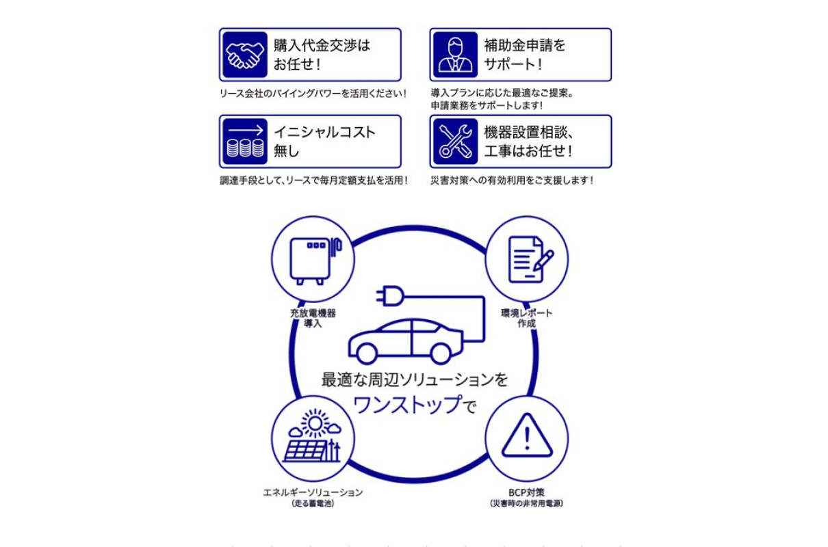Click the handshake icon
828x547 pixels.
pos(245,55)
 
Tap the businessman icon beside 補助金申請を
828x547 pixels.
pos(455,55)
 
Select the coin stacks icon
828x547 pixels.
pos(245,142)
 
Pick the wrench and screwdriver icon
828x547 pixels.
pos(455,142)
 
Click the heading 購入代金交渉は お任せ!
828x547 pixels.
pos(322,55)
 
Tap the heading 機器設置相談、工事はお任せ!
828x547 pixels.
pos(528,142)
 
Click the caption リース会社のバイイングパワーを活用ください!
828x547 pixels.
pos(313,93)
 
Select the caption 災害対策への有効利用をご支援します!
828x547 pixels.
pos(512,181)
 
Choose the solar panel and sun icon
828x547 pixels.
pos(313,438)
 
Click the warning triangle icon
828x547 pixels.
pos(527,436)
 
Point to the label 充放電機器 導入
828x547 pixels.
pos(313,318)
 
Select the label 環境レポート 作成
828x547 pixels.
pos(527,318)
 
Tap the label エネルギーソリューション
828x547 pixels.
pos(313,492)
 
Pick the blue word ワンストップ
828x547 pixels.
pos(406,404)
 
